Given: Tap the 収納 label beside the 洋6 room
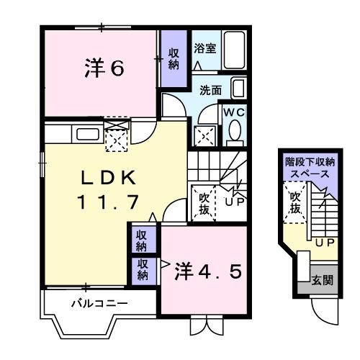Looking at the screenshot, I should click(174, 58).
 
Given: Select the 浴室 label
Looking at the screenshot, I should click(205, 49).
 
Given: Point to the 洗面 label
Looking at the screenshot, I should click(210, 91).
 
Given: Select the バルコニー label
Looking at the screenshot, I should click(99, 303).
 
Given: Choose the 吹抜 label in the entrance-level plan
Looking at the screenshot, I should click(295, 202).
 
